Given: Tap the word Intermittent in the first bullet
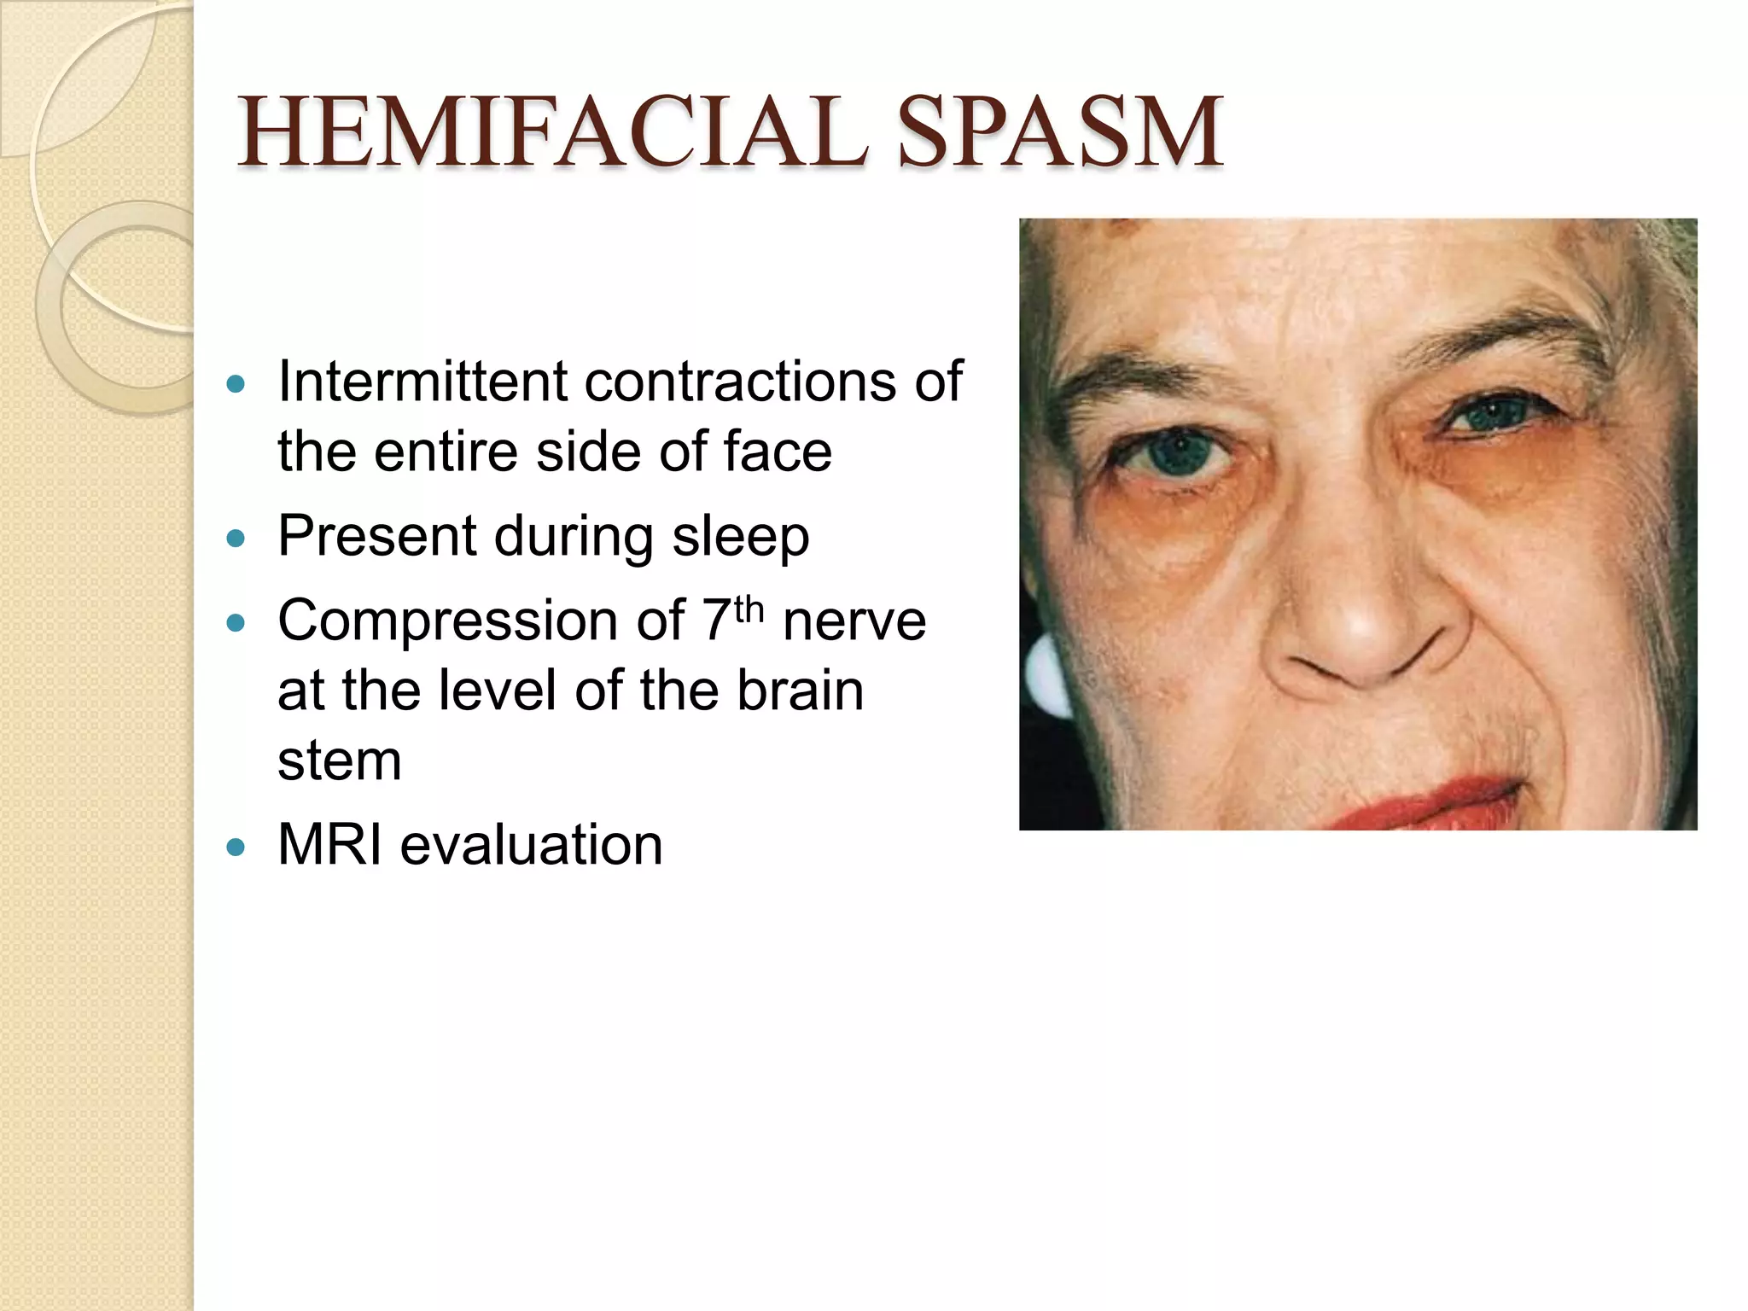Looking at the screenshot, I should click(422, 382).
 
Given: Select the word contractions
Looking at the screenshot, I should click(739, 382).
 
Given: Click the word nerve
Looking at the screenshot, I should click(854, 621).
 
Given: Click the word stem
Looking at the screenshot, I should click(339, 760).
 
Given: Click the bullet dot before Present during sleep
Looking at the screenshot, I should click(236, 539).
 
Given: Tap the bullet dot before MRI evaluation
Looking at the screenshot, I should click(236, 848).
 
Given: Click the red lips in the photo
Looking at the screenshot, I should click(1417, 802).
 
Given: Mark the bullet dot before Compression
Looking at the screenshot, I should click(236, 624).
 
